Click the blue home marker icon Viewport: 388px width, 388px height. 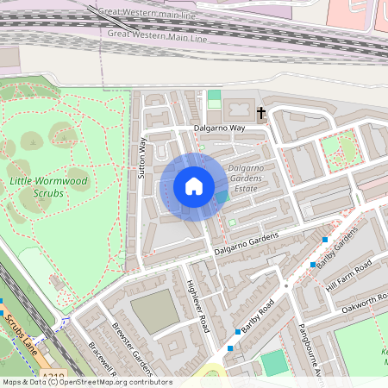pos(194,186)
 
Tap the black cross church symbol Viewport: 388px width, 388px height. pos(260,113)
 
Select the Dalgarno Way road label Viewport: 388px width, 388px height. pos(220,128)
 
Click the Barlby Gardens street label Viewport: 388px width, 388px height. pos(337,249)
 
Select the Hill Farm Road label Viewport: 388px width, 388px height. pos(350,275)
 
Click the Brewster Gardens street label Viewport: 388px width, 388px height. pos(132,349)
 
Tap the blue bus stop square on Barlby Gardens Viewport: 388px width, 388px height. pos(325,239)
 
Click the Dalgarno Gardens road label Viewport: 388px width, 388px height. pos(247,244)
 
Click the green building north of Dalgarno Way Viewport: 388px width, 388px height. pos(214,98)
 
